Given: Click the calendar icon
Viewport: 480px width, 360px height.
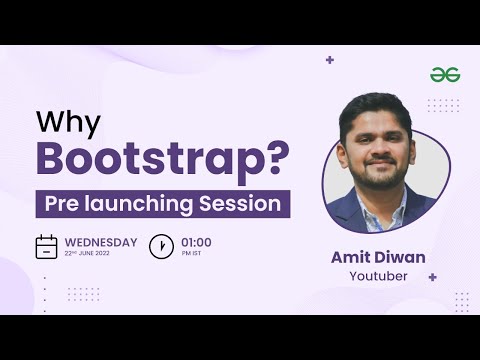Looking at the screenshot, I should pyautogui.click(x=46, y=247).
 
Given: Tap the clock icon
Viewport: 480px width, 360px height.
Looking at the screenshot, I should pyautogui.click(x=161, y=247).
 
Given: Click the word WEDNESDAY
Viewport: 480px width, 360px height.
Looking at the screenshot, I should pyautogui.click(x=101, y=242).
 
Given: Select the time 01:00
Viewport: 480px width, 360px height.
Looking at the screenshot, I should pyautogui.click(x=196, y=242).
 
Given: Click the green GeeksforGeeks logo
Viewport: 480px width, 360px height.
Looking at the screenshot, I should pyautogui.click(x=444, y=75).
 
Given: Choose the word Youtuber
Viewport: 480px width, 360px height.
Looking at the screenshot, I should pyautogui.click(x=378, y=276).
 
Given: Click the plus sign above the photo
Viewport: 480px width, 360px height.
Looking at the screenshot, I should pyautogui.click(x=330, y=60).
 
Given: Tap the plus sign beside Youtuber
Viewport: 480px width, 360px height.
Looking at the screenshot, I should pyautogui.click(x=432, y=277).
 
